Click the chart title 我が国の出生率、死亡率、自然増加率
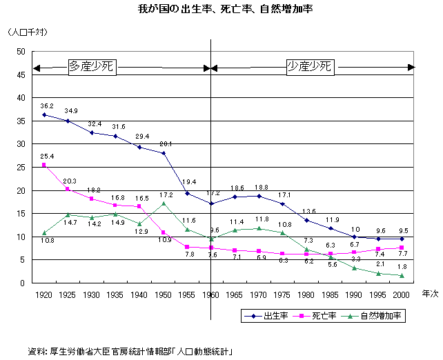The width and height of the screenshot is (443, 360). coord(221,10)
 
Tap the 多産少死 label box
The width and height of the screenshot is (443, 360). coord(91,67)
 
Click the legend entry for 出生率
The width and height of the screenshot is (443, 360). coord(271,316)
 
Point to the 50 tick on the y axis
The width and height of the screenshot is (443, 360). coord(19,52)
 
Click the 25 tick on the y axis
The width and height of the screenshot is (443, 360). coord(19,168)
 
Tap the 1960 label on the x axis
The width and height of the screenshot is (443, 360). coord(210,294)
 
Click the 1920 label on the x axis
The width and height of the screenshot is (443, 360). coord(44,294)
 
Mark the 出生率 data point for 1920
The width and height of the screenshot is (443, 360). coord(44,114)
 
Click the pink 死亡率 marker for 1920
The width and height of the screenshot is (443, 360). coord(44,165)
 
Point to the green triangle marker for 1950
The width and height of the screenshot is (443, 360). coord(164,203)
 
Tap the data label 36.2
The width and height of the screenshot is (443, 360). coord(47,106)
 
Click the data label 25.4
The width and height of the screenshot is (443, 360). coord(47,156)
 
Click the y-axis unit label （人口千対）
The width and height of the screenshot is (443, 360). coord(28,32)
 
